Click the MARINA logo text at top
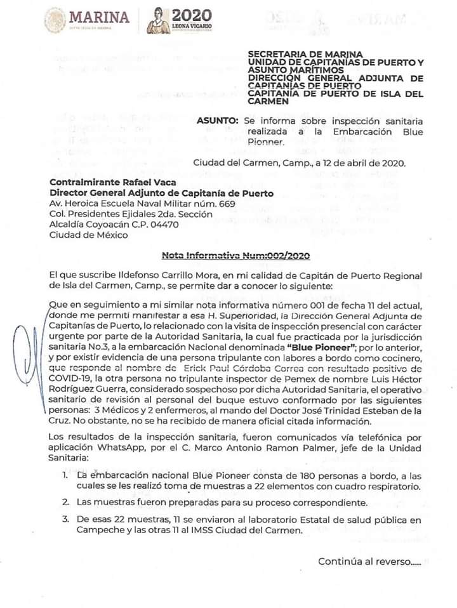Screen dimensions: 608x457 pyautogui.click(x=98, y=17)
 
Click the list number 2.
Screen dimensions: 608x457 pyautogui.click(x=65, y=503)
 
